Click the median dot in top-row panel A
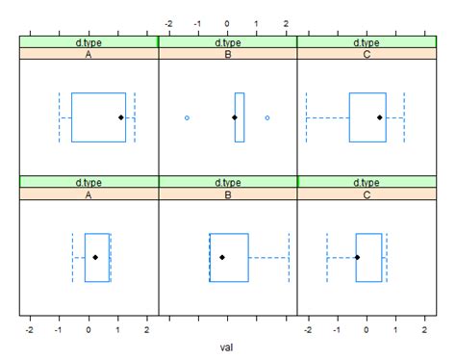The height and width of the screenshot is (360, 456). click(x=121, y=117)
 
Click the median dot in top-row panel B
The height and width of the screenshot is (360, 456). click(x=235, y=117)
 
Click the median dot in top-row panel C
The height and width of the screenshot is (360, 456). click(x=380, y=117)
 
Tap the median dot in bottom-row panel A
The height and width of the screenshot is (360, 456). click(x=95, y=257)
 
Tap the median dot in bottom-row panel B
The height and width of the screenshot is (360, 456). click(x=222, y=257)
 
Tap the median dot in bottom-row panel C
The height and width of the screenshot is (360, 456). click(x=357, y=257)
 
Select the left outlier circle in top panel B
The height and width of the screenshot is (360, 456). click(x=187, y=117)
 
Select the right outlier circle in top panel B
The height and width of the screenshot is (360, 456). click(x=267, y=117)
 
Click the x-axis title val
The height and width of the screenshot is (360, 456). click(x=227, y=347)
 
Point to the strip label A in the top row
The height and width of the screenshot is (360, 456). click(x=89, y=55)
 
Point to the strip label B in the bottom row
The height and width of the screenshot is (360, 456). click(x=228, y=194)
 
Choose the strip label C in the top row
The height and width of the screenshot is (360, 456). click(x=367, y=55)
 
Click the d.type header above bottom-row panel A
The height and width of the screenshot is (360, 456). click(x=89, y=182)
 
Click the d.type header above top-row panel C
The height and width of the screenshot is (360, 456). click(x=367, y=42)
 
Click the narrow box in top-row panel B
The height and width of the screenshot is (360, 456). click(x=240, y=117)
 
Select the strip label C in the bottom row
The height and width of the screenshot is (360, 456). click(x=367, y=194)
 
